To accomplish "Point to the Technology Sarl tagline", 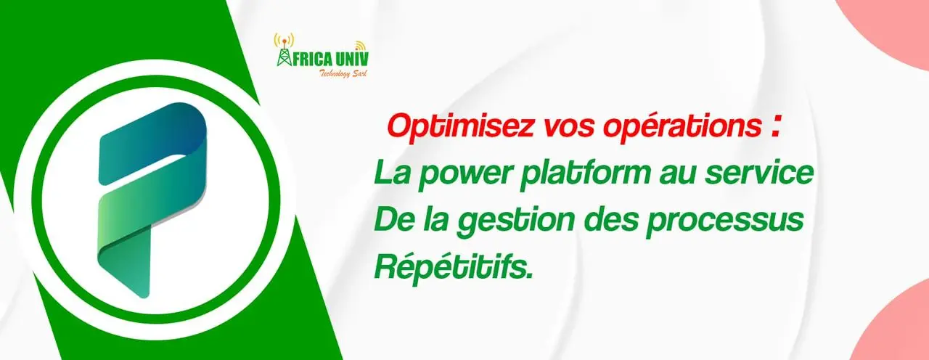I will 342,73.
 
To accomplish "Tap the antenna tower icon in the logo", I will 282,49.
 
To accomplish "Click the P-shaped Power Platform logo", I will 152,200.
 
